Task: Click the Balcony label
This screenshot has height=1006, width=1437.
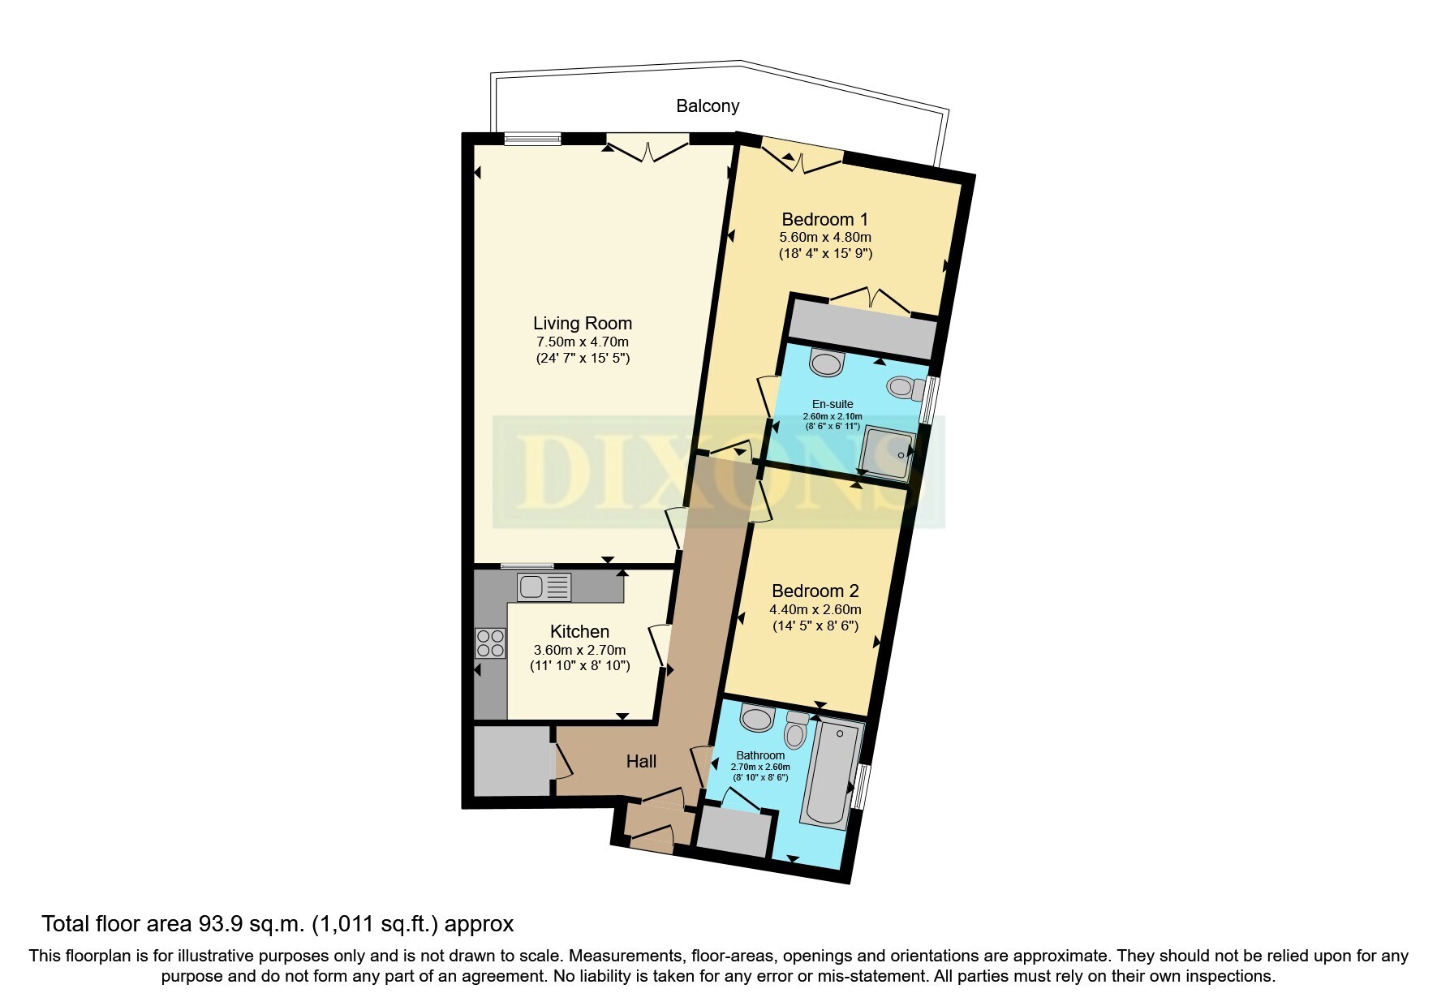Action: [x=708, y=106]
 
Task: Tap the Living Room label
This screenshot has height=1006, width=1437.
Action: [x=583, y=323]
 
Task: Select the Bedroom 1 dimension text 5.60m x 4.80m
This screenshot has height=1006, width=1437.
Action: [x=825, y=238]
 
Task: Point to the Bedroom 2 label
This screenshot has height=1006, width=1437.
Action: [x=815, y=591]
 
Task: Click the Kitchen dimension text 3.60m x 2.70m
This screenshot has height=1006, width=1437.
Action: [x=579, y=651]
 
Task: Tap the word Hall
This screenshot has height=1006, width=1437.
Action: [x=641, y=761]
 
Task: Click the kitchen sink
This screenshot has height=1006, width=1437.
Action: [x=544, y=587]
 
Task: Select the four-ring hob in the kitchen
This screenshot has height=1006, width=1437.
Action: [x=490, y=643]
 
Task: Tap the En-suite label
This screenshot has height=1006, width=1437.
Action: [x=833, y=404]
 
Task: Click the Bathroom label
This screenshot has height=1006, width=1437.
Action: [x=760, y=755]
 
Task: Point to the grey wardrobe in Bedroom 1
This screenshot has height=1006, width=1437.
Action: [x=863, y=329]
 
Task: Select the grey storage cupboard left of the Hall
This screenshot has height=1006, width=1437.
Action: [x=510, y=761]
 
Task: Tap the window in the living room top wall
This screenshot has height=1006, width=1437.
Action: [x=532, y=138]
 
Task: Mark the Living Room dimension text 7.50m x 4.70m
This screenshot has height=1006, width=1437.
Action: [x=583, y=342]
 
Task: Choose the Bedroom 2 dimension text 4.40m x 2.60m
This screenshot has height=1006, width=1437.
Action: [x=815, y=610]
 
